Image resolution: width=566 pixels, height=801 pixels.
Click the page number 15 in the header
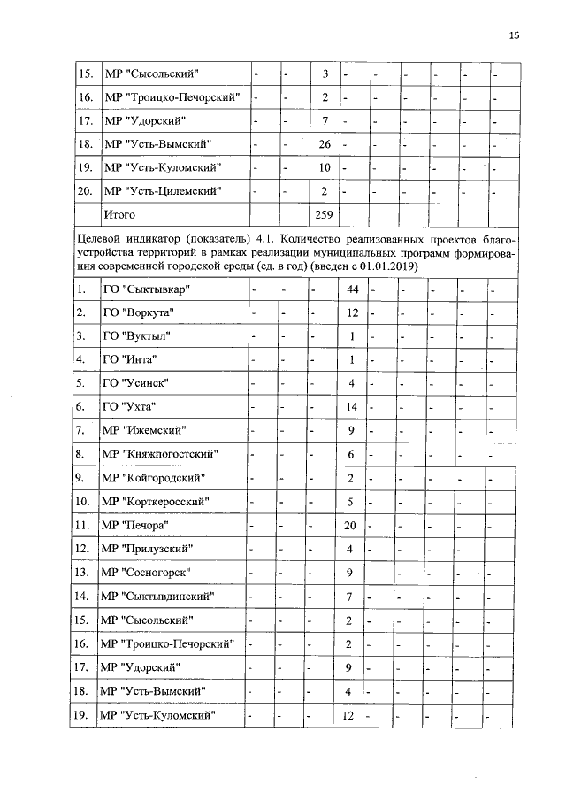515,35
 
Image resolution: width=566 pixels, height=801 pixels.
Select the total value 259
325,214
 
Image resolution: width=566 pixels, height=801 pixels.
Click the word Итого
121,214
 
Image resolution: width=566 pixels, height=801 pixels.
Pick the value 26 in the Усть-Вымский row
325,143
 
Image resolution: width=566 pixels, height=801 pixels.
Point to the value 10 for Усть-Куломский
325,167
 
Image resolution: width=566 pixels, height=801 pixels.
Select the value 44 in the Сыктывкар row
351,290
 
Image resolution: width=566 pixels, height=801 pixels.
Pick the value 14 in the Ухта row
351,406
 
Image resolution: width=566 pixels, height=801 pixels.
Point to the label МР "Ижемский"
143,430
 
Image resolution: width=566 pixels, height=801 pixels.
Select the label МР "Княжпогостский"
160,454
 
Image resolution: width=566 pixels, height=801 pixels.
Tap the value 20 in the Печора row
351,525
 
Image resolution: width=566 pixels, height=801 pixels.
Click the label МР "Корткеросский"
157,502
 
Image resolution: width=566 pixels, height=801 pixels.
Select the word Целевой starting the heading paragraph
98,239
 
